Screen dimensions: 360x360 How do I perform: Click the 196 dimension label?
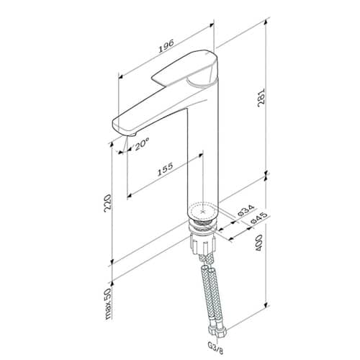point(166,46)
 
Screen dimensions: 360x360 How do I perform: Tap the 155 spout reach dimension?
point(165,169)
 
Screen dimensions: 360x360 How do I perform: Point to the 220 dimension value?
point(107,203)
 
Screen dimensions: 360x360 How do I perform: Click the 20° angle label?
point(142,145)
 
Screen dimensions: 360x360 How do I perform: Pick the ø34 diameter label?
point(246,210)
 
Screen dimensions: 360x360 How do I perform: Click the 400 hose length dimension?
point(258,243)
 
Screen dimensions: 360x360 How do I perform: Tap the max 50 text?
point(108,304)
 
